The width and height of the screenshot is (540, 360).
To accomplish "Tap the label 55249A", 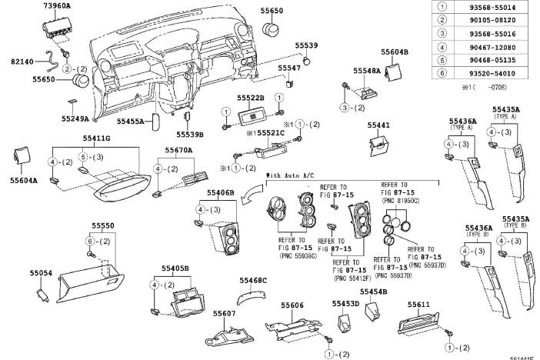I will point(75,118).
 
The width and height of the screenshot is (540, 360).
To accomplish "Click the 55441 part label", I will point(378,125).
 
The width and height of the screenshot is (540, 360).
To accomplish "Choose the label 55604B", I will point(395,51).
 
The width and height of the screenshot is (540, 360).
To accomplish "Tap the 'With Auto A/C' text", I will point(289,176).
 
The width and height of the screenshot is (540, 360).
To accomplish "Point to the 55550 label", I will point(103,227).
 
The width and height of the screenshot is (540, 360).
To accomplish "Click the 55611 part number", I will point(418,305).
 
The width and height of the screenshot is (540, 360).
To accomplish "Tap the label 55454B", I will point(372,292).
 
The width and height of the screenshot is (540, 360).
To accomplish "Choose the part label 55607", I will point(224,315).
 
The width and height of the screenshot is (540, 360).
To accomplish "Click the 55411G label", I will point(97,138).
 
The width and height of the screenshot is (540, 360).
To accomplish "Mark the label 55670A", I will point(178,150).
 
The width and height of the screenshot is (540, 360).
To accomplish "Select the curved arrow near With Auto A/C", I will point(250,198).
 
